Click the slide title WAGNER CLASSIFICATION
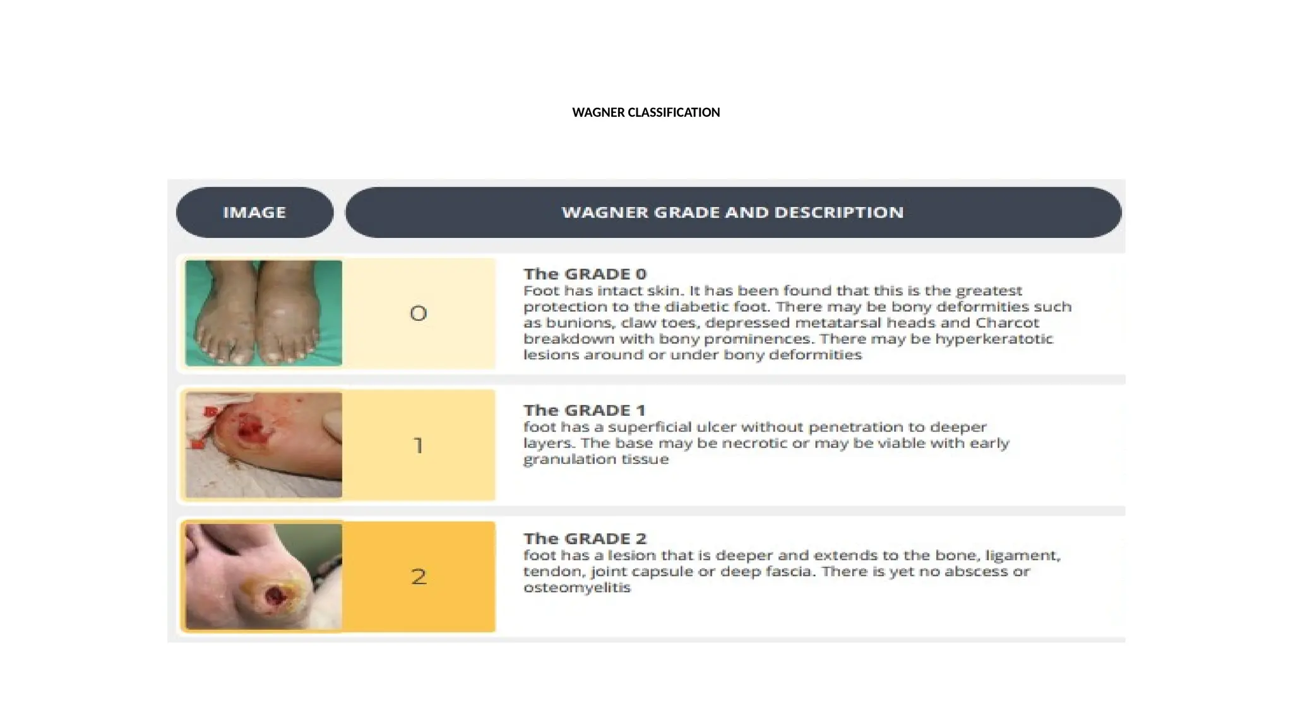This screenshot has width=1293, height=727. (646, 112)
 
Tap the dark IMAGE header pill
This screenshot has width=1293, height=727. (254, 212)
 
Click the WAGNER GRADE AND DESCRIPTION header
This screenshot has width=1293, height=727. (732, 212)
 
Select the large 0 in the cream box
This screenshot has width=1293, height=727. (418, 313)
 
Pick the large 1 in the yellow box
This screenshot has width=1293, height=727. (418, 446)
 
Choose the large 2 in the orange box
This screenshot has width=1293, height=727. (419, 576)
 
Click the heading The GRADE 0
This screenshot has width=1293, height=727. (585, 274)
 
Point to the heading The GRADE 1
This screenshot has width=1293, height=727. (584, 410)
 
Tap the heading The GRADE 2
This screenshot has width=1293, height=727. (585, 538)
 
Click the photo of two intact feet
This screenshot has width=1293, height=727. (263, 313)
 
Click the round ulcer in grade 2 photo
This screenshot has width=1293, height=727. (275, 596)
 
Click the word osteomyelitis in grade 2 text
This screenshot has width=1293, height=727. (577, 588)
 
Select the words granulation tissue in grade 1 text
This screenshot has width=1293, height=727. (596, 459)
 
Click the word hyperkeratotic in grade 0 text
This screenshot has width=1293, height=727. (994, 339)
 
